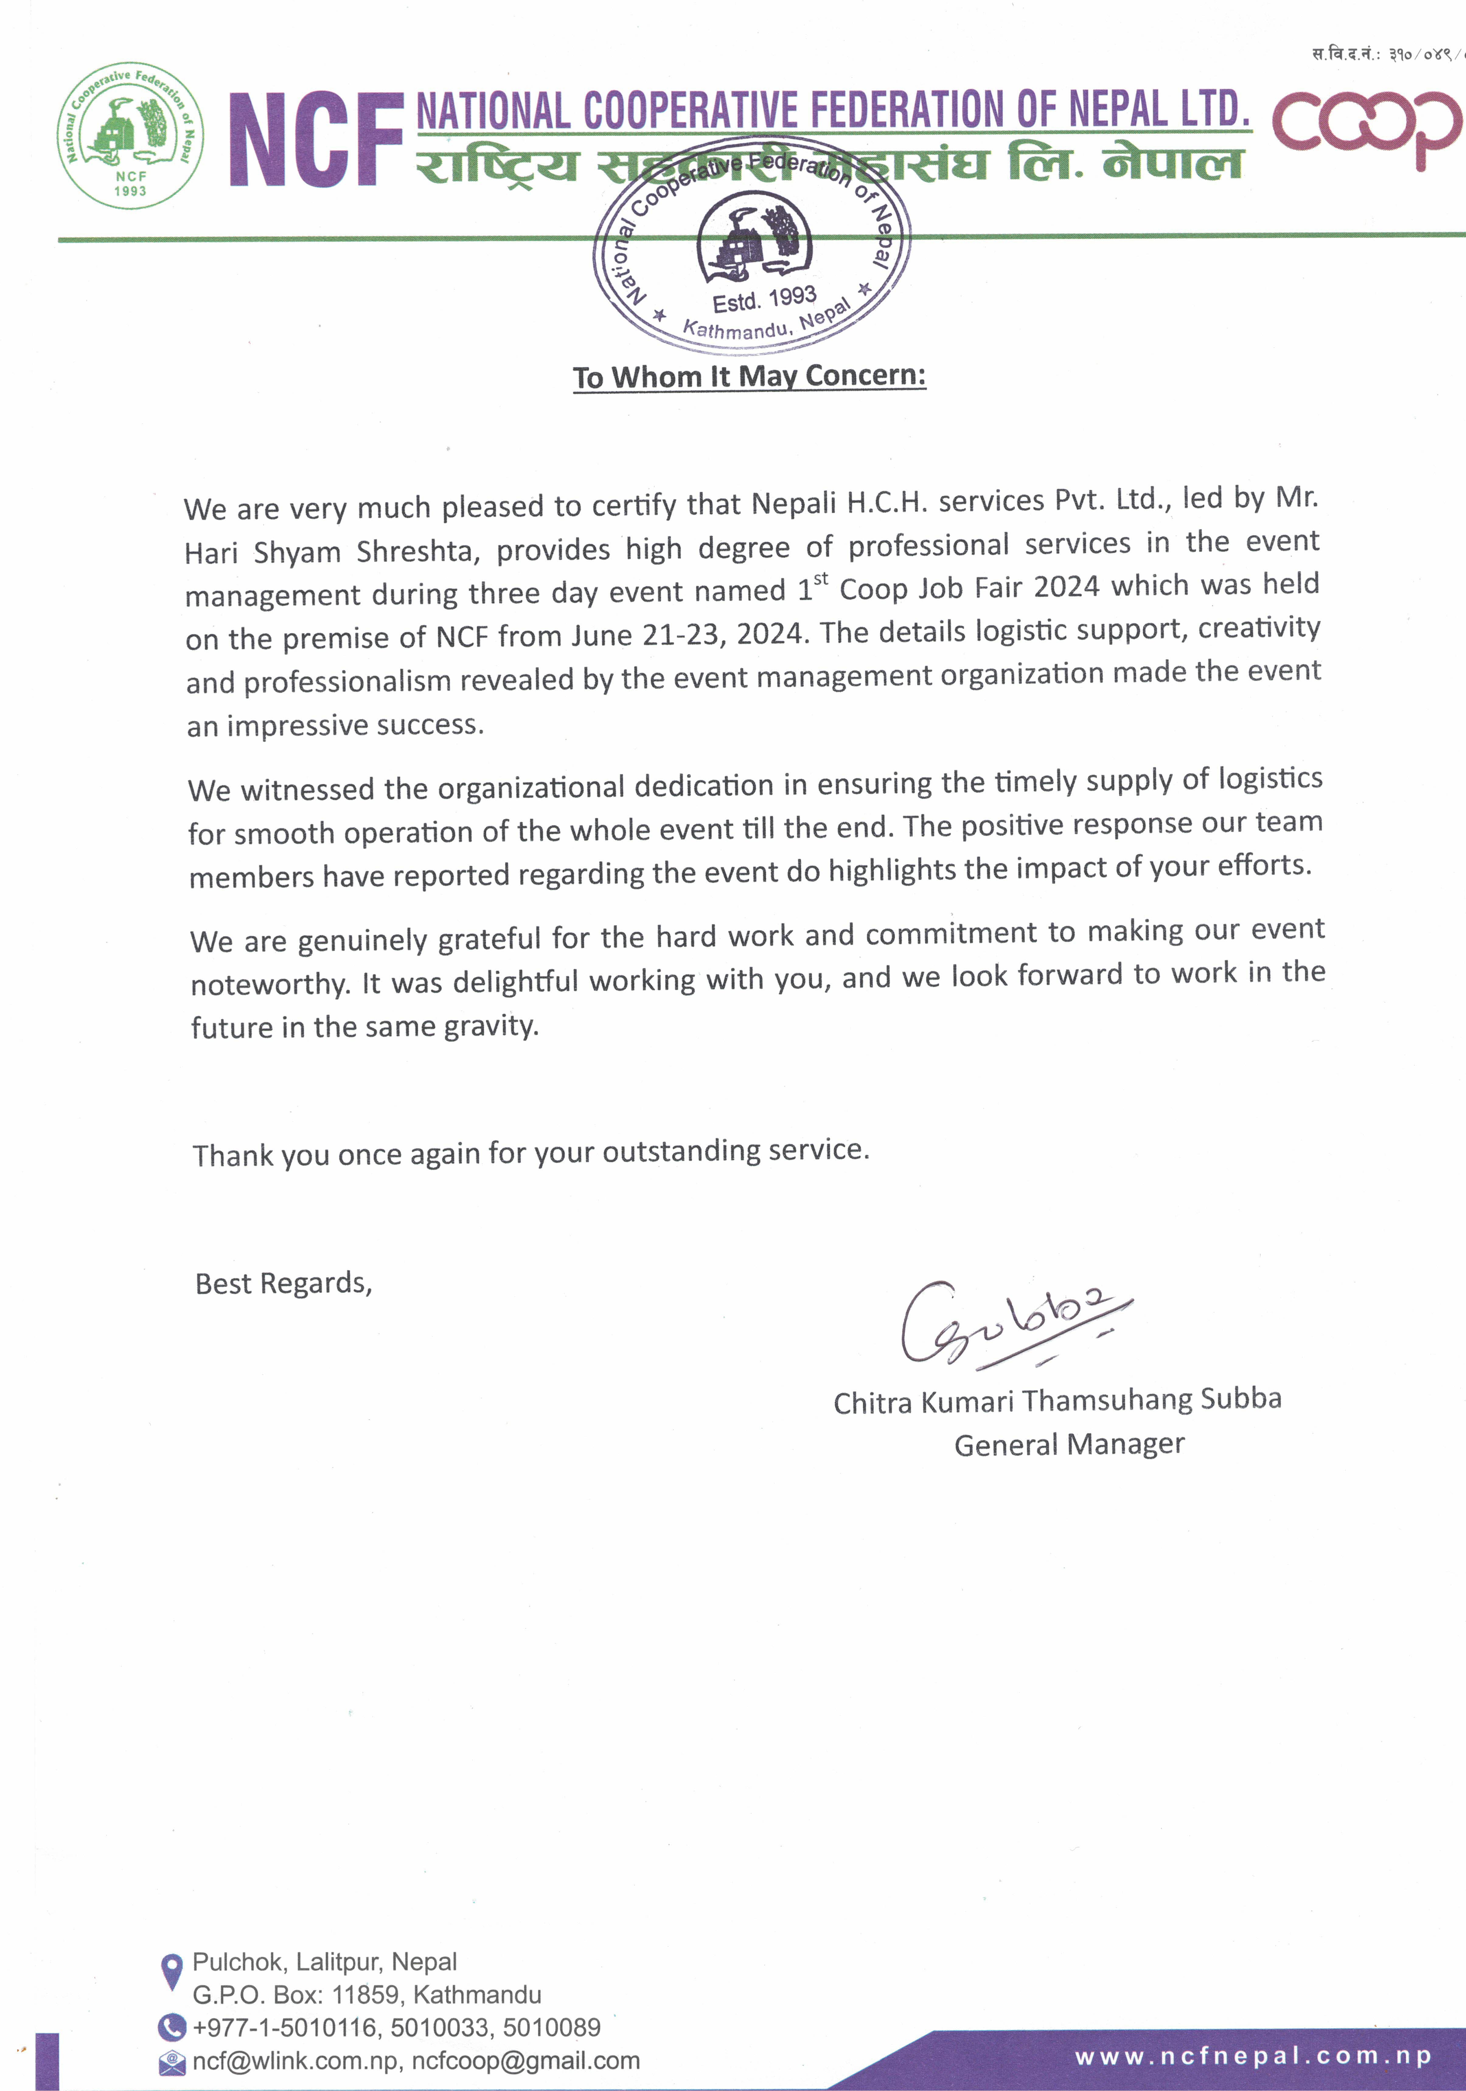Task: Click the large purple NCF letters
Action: (x=316, y=139)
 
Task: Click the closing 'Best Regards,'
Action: (x=283, y=1283)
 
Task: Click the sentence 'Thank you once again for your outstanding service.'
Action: (x=531, y=1153)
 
